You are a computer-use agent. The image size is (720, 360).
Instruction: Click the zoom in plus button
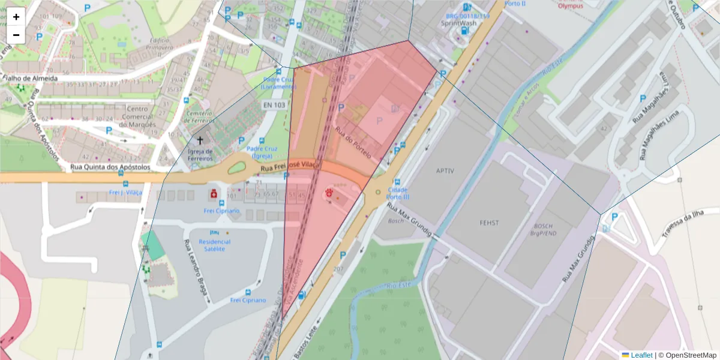click(x=16, y=17)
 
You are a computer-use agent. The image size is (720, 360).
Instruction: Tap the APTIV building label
click(x=442, y=170)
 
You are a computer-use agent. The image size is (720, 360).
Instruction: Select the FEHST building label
click(x=489, y=223)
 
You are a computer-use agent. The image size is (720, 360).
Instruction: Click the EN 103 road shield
click(x=274, y=105)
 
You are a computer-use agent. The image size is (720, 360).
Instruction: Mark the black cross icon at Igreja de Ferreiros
click(x=200, y=140)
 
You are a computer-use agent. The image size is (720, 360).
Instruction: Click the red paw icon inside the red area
click(x=329, y=193)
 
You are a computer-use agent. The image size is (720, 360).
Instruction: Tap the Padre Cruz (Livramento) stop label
click(x=277, y=83)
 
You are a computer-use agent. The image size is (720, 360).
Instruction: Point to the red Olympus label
click(x=570, y=6)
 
